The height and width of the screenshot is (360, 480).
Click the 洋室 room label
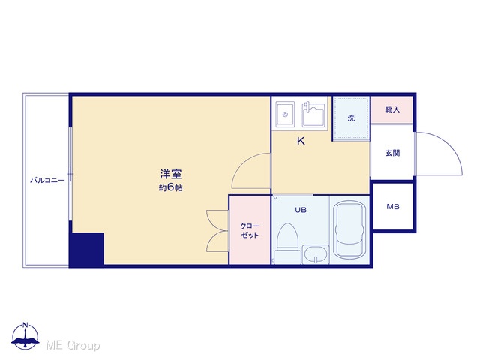click(171, 174)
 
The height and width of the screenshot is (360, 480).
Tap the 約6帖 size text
click(170, 187)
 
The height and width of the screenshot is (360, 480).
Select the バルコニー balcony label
click(47, 180)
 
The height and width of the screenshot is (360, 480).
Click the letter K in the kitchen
click(301, 141)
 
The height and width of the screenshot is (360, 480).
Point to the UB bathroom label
click(301, 210)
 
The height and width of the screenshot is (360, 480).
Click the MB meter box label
click(393, 207)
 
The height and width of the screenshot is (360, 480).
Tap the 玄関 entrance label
click(392, 153)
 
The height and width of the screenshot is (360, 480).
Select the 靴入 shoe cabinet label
click(392, 109)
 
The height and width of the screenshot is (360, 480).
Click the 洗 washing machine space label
click(351, 118)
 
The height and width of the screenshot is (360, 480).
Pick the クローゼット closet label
click(250, 230)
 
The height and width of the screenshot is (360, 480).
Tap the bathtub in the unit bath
click(349, 230)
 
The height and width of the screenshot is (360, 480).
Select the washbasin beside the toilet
click(316, 254)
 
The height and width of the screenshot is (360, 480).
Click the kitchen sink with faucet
click(313, 115)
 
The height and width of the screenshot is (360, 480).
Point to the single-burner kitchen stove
click(285, 114)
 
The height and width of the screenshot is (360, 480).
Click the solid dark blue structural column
click(87, 249)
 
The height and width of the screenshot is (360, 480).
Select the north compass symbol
click(25, 336)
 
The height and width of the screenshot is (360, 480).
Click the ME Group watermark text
click(73, 345)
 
